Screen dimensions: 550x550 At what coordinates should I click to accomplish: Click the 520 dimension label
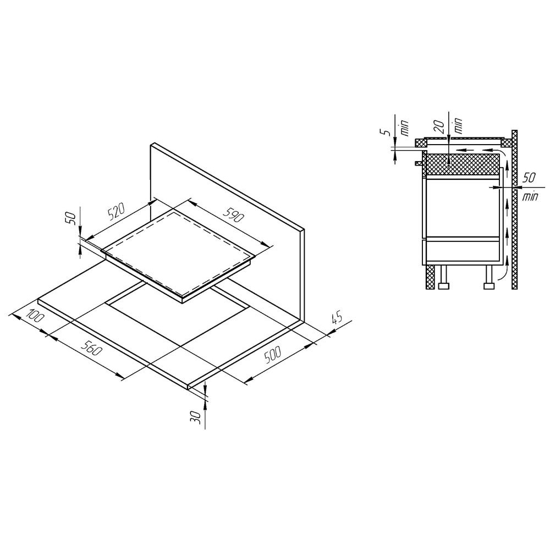pos(117,212)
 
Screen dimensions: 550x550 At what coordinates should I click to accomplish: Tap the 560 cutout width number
pos(91,346)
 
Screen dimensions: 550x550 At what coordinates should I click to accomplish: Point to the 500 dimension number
pos(273,355)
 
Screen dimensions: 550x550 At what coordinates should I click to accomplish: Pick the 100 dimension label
pos(36,316)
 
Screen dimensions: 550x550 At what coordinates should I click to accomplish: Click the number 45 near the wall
pos(335,318)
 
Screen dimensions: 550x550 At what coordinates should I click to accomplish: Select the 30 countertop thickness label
pos(196,417)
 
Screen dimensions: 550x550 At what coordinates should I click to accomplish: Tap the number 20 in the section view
pos(441,127)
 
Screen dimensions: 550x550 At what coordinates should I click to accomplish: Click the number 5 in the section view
pos(386,132)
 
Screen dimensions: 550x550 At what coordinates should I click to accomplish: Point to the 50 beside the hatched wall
pos(529,178)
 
